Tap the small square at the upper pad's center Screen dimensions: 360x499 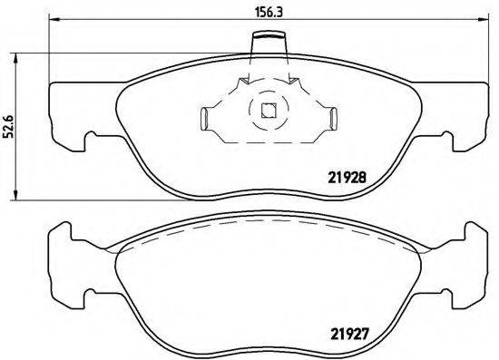pos(267,112)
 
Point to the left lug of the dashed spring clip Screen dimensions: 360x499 pos(205,117)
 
